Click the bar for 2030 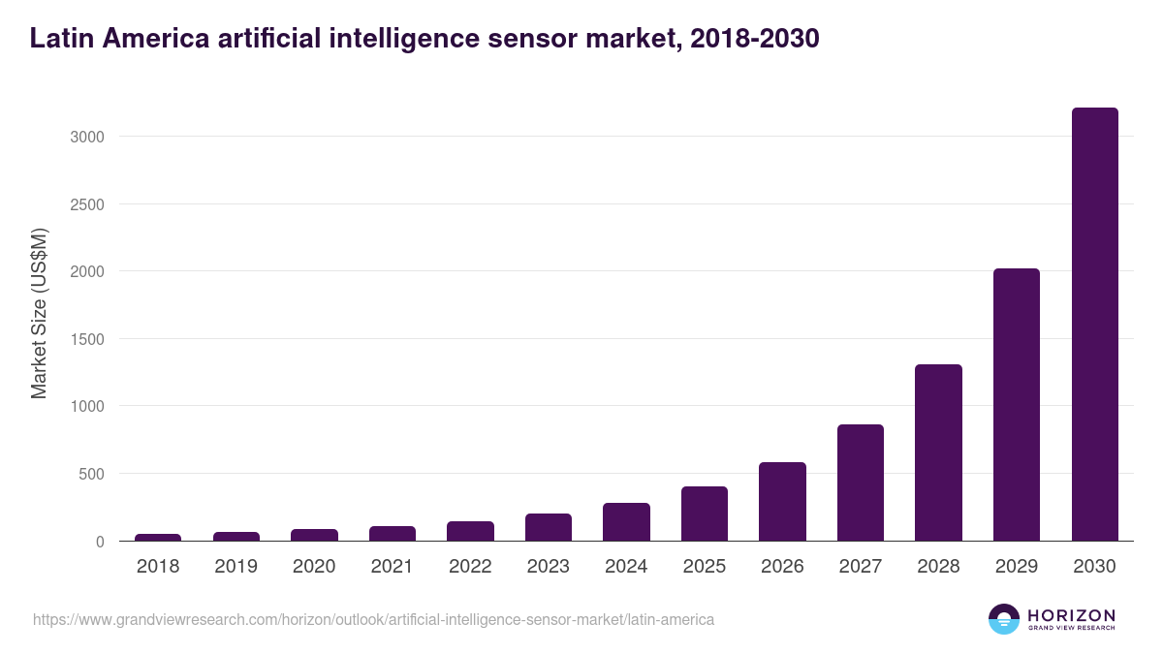coord(1094,325)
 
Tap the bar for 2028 coord(938,452)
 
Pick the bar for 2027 coord(861,483)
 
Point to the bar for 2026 coord(782,502)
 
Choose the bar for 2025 coord(705,514)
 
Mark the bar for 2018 coord(158,537)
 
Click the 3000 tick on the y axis coord(86,137)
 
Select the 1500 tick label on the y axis coord(86,339)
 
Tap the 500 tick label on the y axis coord(91,474)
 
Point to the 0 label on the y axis coord(99,542)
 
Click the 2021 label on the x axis coord(393,567)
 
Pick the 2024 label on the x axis coord(626,567)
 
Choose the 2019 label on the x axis coord(236,567)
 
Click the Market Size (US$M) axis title coord(39,313)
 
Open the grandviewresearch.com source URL coord(373,619)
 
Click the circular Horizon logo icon coord(1004,619)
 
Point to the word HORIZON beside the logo coord(1072,615)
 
